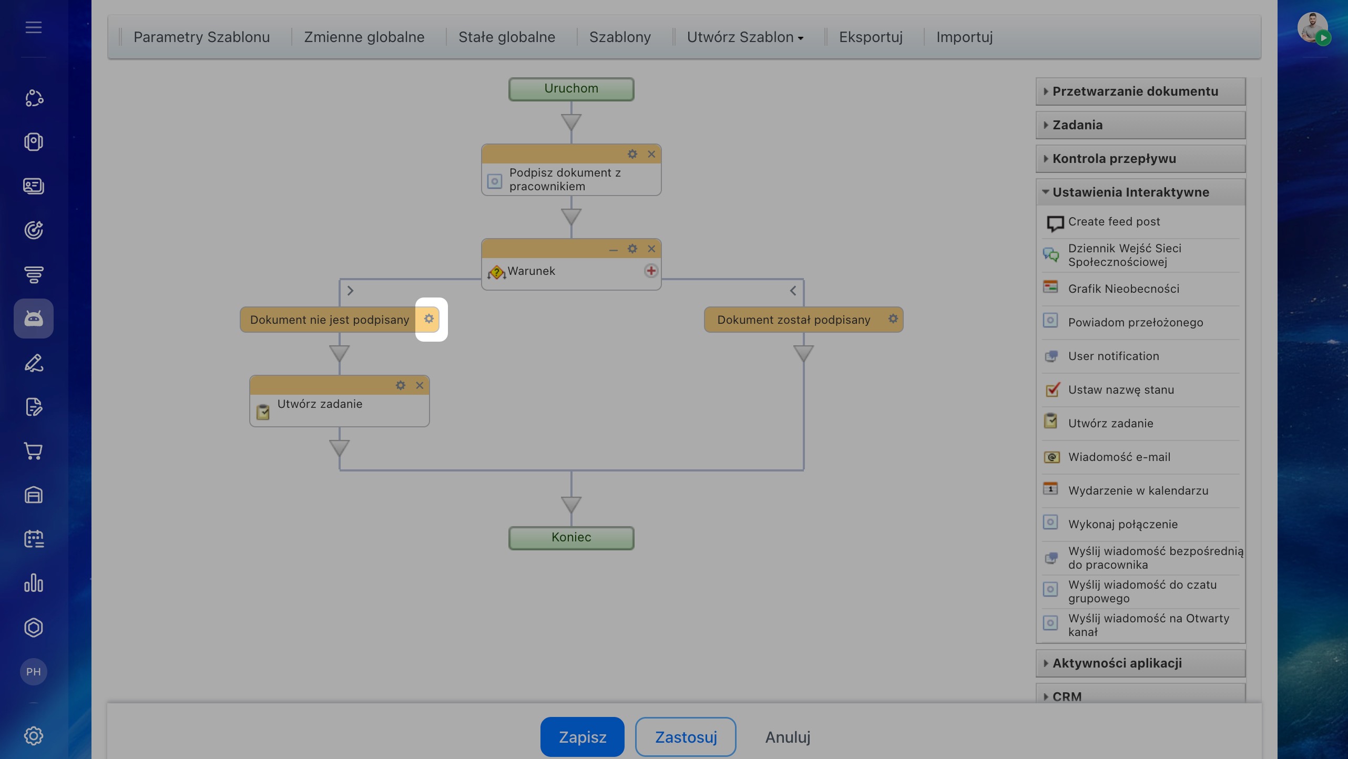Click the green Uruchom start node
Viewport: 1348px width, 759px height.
[571, 89]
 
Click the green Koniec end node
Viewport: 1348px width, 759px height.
[571, 538]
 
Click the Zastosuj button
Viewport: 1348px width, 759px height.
[686, 737]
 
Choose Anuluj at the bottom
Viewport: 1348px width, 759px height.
[788, 737]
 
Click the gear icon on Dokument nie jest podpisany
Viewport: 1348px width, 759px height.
[429, 319]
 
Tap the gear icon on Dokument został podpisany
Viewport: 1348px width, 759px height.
[893, 319]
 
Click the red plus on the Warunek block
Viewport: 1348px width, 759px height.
[651, 271]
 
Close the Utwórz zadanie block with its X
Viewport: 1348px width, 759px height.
[420, 385]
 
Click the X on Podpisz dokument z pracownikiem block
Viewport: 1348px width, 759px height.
[651, 154]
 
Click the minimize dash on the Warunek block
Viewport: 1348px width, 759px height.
[613, 250]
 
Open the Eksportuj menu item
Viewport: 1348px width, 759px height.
[871, 37]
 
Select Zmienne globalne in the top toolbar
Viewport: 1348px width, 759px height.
[364, 37]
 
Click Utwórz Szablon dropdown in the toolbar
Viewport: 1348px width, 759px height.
[745, 37]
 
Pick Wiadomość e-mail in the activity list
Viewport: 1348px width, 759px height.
[1119, 457]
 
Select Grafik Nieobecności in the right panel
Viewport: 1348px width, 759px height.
[1124, 289]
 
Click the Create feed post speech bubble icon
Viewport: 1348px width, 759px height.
[1055, 223]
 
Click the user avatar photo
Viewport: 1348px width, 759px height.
[1312, 27]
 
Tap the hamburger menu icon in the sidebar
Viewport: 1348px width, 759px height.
[34, 27]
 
